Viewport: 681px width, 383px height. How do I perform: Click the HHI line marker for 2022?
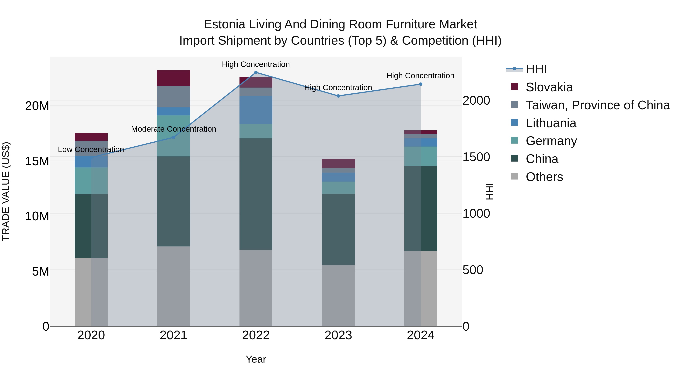pos(256,72)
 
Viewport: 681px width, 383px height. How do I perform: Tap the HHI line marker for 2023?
pos(338,96)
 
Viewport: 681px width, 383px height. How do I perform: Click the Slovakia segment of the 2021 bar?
pos(173,78)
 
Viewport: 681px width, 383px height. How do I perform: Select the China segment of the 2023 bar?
pos(338,229)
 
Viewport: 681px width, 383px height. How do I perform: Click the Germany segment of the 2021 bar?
pos(173,136)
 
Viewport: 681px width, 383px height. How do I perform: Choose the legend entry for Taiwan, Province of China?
pos(597,105)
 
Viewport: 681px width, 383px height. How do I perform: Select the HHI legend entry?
pos(536,69)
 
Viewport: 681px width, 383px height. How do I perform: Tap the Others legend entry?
pos(544,177)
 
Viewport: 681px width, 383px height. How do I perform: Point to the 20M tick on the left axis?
pos(37,106)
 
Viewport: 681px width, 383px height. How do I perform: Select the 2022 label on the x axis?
pos(256,335)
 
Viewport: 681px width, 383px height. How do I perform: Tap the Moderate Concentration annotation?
pos(173,129)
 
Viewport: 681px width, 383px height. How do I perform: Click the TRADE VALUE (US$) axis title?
pos(6,191)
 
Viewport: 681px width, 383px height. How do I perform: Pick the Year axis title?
pos(256,359)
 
